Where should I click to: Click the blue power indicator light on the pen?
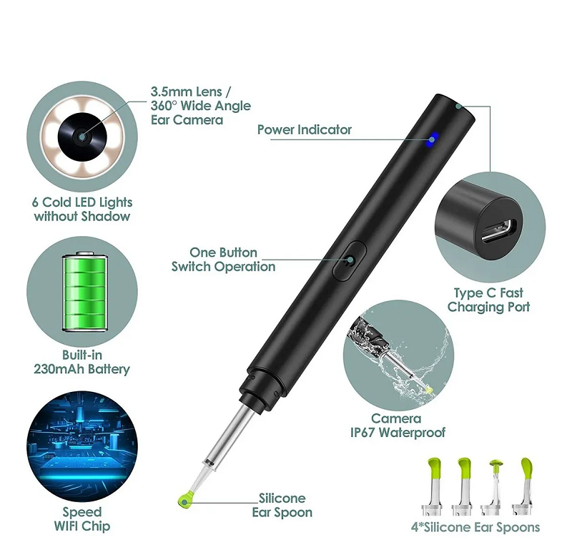click(433, 139)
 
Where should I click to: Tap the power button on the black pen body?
click(350, 260)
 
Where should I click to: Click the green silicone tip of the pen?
click(187, 499)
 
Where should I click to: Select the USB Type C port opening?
click(499, 231)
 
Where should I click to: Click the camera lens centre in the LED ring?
click(82, 136)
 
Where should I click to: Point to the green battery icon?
click(85, 291)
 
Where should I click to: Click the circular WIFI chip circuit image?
click(82, 446)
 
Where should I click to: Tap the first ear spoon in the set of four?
click(433, 486)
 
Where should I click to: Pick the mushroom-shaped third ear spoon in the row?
click(494, 488)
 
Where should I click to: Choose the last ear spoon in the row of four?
click(523, 486)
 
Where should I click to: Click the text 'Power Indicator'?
click(305, 129)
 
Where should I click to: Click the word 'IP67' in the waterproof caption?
click(363, 433)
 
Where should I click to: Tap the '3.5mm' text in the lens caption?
click(169, 92)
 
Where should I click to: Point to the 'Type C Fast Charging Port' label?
click(489, 300)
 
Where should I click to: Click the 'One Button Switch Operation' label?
click(224, 260)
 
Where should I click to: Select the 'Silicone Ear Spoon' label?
click(282, 505)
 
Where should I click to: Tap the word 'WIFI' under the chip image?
click(66, 526)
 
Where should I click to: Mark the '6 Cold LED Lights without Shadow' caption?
click(82, 209)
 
